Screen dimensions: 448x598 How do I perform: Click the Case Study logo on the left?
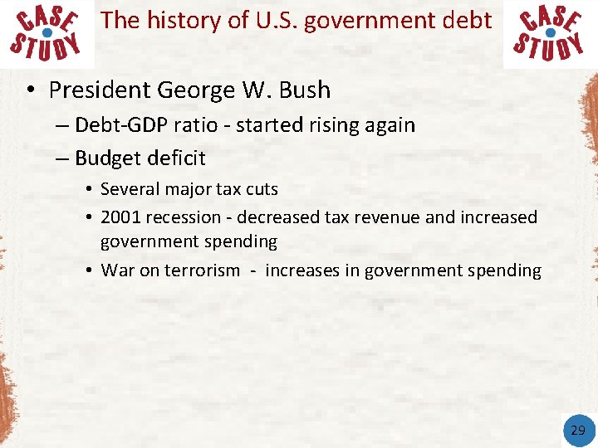47,33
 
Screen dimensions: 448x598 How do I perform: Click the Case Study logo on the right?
549,33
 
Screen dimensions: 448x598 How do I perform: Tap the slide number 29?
578,430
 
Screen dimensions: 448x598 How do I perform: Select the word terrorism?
202,270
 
